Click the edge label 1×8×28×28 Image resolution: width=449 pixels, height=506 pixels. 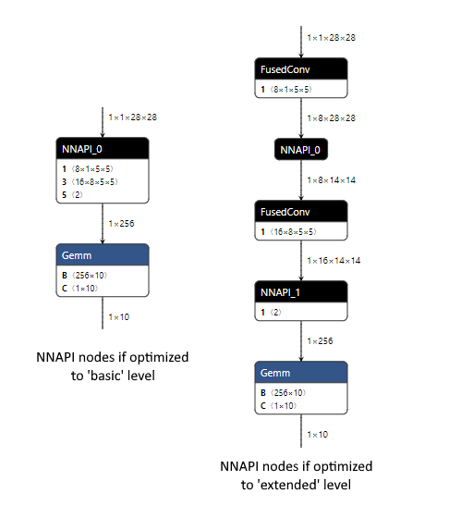point(331,117)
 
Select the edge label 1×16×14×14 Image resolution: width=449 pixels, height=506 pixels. point(334,260)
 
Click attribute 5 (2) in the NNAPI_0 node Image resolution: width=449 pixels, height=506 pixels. point(74,195)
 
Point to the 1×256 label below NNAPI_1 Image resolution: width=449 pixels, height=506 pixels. point(320,340)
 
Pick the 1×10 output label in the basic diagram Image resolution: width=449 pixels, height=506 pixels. point(118,316)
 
